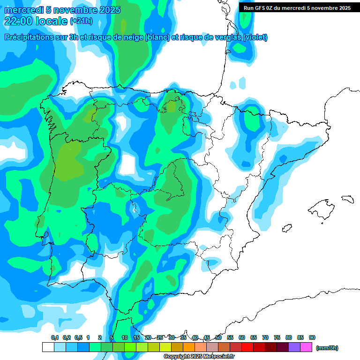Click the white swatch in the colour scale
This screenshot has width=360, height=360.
(x=48, y=347)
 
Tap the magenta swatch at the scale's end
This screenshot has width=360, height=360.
(x=306, y=347)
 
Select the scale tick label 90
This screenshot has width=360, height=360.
(x=312, y=337)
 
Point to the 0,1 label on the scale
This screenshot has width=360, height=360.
(x=55, y=337)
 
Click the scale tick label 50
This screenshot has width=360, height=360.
(x=218, y=337)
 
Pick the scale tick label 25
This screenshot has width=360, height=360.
(x=160, y=337)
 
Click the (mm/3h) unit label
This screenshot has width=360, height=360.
(x=327, y=348)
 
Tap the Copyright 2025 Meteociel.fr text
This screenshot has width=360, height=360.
(x=199, y=357)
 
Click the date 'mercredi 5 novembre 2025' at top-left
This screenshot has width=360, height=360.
(x=62, y=10)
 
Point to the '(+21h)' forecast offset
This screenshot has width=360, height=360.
(x=82, y=21)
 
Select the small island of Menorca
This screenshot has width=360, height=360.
(x=347, y=199)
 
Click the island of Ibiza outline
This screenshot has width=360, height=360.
(x=286, y=228)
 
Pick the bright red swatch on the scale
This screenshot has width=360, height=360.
(x=247, y=347)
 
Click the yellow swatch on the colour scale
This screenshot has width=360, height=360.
(x=165, y=347)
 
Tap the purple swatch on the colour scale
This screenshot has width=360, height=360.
(x=294, y=347)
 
